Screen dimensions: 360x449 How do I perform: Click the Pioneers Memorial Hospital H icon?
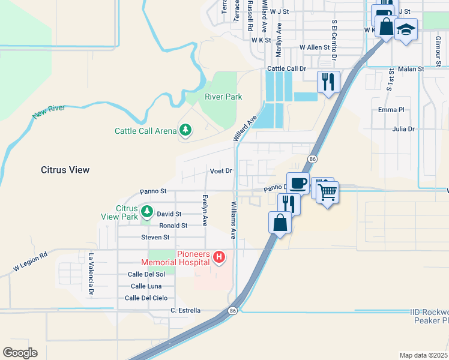point(219,257)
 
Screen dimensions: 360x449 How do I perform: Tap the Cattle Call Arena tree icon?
point(185,130)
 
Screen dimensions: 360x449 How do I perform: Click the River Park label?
point(223,97)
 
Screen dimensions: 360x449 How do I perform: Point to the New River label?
point(49,112)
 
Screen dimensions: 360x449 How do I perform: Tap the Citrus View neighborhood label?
point(65,170)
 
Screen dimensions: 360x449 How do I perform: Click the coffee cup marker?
point(298,183)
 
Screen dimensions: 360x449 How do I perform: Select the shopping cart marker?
point(327,192)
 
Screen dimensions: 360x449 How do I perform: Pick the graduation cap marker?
point(406,29)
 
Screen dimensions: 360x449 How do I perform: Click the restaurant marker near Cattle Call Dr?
point(328,81)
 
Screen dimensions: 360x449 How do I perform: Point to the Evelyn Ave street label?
point(205,210)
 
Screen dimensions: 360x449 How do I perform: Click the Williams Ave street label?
point(233,220)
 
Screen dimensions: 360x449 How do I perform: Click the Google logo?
point(20,353)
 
